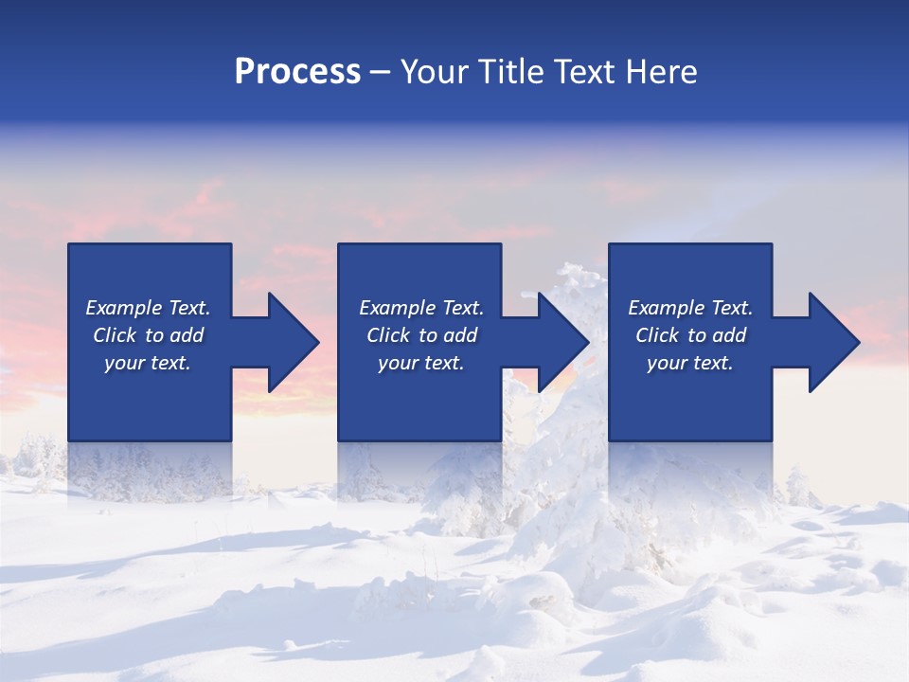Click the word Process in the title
[x=297, y=72]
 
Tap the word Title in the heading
[x=508, y=72]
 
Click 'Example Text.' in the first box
[x=148, y=308]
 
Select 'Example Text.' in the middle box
[x=420, y=308]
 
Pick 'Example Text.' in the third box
[x=690, y=308]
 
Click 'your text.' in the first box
[x=148, y=363]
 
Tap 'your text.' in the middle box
[x=420, y=363]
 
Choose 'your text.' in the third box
[x=690, y=363]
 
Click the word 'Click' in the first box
[x=115, y=335]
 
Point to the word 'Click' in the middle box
[x=388, y=335]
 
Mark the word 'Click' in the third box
[x=657, y=335]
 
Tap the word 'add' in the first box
[x=187, y=335]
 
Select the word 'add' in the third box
[x=730, y=335]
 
